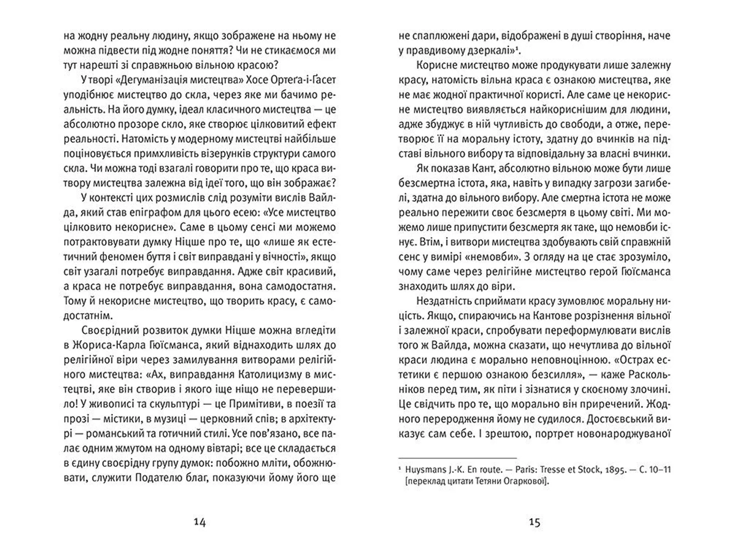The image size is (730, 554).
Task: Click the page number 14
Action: click(x=200, y=522)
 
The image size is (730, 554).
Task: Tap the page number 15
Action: click(x=534, y=522)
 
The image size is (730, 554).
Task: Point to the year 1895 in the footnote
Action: click(x=614, y=470)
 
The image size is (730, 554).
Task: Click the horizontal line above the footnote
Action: click(x=457, y=458)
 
